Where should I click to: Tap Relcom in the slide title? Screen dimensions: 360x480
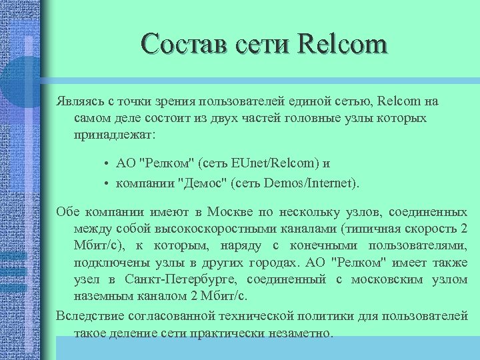pos(344,45)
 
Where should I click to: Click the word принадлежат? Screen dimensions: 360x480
pos(114,134)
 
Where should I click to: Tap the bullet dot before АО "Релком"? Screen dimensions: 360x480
pos(107,163)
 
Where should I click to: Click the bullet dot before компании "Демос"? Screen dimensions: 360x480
pos(107,181)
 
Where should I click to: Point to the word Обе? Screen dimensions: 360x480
pos(68,213)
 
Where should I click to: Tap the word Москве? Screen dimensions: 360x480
pos(231,213)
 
